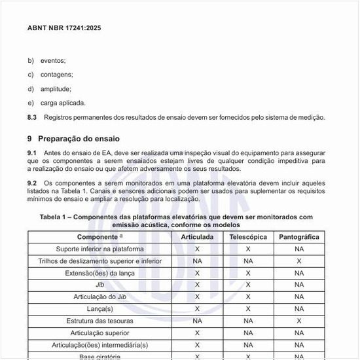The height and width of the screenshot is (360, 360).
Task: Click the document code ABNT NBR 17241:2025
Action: coord(64,29)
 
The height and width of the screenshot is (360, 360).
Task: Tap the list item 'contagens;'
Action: coord(56,74)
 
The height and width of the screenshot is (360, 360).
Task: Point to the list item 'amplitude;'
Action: coord(56,88)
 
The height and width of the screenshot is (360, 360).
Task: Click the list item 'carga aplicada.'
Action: coord(63,103)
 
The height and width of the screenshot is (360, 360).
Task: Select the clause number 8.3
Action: coord(32,117)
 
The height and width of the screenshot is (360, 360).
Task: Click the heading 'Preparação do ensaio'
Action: coord(79,139)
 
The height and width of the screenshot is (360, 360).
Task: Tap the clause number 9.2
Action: coord(32,183)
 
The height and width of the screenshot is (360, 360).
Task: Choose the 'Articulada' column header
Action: coord(197,237)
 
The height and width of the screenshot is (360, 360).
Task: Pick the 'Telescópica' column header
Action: coord(248,237)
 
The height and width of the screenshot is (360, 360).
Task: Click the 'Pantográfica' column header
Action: coord(298,237)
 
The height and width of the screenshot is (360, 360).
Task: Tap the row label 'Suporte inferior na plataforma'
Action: coord(99,249)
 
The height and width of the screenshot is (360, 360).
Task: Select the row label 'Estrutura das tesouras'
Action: coord(99,321)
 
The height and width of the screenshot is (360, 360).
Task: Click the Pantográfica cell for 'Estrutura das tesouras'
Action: coord(299,321)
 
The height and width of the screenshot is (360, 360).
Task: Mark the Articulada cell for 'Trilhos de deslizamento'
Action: coord(197,261)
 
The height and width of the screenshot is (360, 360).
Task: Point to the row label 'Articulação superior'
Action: coord(99,333)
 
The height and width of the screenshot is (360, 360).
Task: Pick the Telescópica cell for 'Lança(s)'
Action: coord(248,308)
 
